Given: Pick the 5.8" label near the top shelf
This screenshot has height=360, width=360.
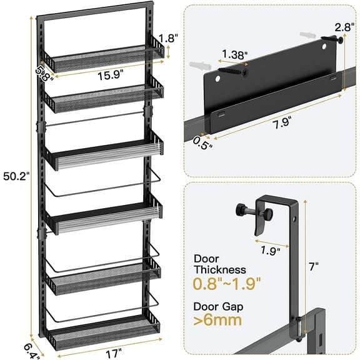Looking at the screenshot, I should pos(43,72).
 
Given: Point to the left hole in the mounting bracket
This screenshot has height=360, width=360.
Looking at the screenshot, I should pos(219,80).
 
